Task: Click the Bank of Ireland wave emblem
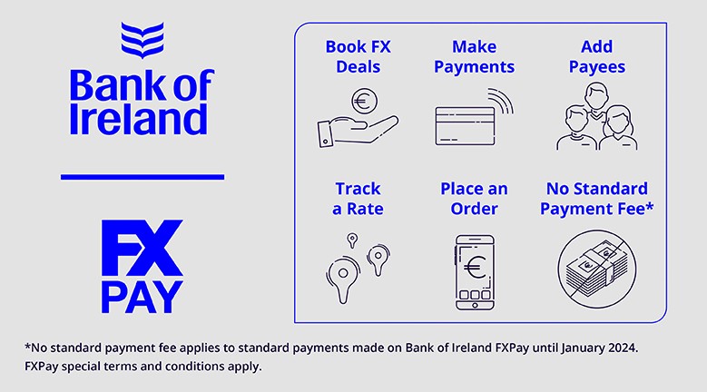142,40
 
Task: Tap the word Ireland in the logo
139,120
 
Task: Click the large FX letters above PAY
142,248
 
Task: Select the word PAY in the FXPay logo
142,297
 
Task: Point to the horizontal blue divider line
142,177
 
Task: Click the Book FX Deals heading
358,57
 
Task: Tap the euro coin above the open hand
364,101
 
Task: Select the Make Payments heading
474,57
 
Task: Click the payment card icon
465,126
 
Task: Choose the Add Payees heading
597,57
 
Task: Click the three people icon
597,116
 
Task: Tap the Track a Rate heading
358,199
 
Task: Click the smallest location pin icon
353,240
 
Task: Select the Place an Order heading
474,199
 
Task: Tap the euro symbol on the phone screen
475,268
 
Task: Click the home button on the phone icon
475,305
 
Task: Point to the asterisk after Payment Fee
650,206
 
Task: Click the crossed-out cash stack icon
597,269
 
